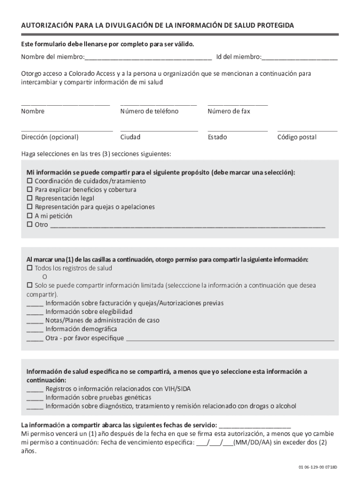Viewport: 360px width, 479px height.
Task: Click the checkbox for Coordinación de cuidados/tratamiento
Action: point(29,181)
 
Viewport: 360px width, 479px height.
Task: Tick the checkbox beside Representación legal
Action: point(29,198)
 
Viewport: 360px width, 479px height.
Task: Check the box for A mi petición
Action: point(29,216)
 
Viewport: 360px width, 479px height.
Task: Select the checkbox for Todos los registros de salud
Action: point(29,269)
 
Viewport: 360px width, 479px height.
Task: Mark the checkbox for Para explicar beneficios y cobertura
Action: point(29,190)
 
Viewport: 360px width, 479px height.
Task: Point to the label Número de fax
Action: point(229,111)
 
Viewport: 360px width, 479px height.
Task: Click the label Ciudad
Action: point(130,138)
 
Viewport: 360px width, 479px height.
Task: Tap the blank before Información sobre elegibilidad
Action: point(35,312)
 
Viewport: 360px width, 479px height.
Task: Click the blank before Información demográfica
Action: point(35,330)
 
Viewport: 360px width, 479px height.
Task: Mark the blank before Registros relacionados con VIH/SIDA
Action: point(35,390)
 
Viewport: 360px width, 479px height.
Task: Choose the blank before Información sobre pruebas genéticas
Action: point(35,398)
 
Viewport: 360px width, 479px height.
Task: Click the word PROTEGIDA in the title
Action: point(272,25)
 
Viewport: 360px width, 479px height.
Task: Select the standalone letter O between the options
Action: point(45,276)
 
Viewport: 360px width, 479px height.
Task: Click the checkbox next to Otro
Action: point(29,225)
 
